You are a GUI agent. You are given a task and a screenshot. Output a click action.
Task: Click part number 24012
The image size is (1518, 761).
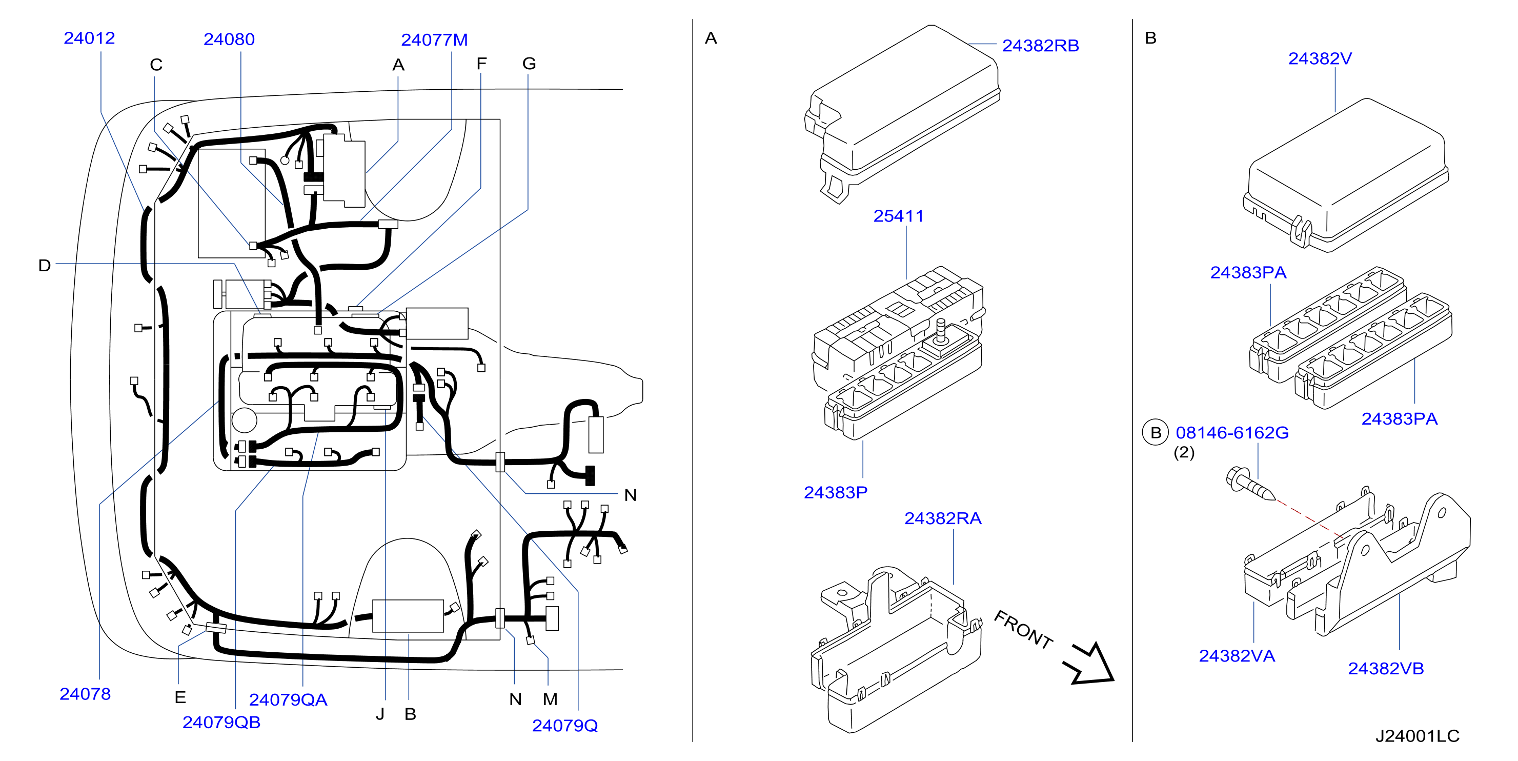click(x=89, y=38)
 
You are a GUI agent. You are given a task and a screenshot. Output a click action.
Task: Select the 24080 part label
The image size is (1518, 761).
click(x=229, y=39)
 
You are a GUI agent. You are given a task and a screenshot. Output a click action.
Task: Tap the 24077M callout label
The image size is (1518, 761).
click(x=434, y=40)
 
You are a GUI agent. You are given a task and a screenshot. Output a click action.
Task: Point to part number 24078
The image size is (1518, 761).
click(x=85, y=694)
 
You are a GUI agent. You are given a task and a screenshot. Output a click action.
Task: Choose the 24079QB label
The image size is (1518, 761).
click(x=221, y=722)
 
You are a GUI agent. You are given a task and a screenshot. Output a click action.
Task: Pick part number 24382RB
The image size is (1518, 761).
click(x=1041, y=46)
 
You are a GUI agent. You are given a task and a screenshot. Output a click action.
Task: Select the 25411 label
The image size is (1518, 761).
click(x=898, y=216)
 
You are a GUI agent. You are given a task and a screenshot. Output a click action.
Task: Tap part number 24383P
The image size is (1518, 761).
click(x=836, y=492)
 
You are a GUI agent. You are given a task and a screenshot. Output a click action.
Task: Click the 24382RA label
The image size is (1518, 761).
click(x=943, y=519)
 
